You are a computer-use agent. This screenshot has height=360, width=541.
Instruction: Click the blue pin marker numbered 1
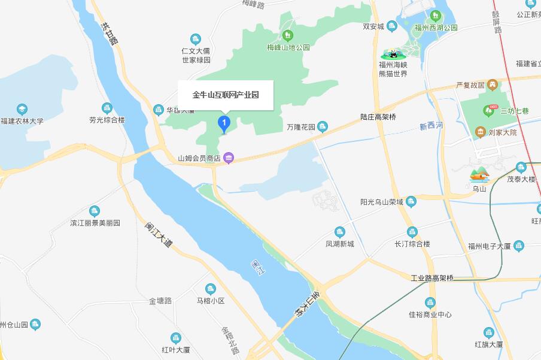224,124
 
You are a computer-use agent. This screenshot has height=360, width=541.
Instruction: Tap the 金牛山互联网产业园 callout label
226,95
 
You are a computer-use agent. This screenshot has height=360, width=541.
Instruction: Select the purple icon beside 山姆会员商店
229,159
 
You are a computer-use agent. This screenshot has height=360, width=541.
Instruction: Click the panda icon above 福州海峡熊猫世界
393,54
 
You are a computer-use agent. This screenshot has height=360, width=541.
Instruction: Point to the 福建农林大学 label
22,121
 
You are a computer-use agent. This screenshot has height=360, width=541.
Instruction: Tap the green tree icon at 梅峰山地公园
288,35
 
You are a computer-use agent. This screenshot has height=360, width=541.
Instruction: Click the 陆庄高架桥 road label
378,117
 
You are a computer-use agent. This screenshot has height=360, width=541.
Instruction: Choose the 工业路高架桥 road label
432,279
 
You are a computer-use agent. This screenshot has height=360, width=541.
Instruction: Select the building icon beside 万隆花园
323,126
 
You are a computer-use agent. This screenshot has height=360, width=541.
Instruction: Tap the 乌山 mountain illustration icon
479,174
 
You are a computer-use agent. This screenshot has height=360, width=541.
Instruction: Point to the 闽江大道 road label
158,236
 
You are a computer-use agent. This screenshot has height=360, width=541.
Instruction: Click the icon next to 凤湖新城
340,232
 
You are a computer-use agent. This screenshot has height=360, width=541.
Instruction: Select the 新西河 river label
431,126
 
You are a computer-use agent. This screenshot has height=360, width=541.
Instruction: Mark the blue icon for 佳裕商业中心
430,302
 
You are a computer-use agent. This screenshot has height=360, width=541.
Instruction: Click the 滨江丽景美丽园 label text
95,223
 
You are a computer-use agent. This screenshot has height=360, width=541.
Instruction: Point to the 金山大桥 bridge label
304,305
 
